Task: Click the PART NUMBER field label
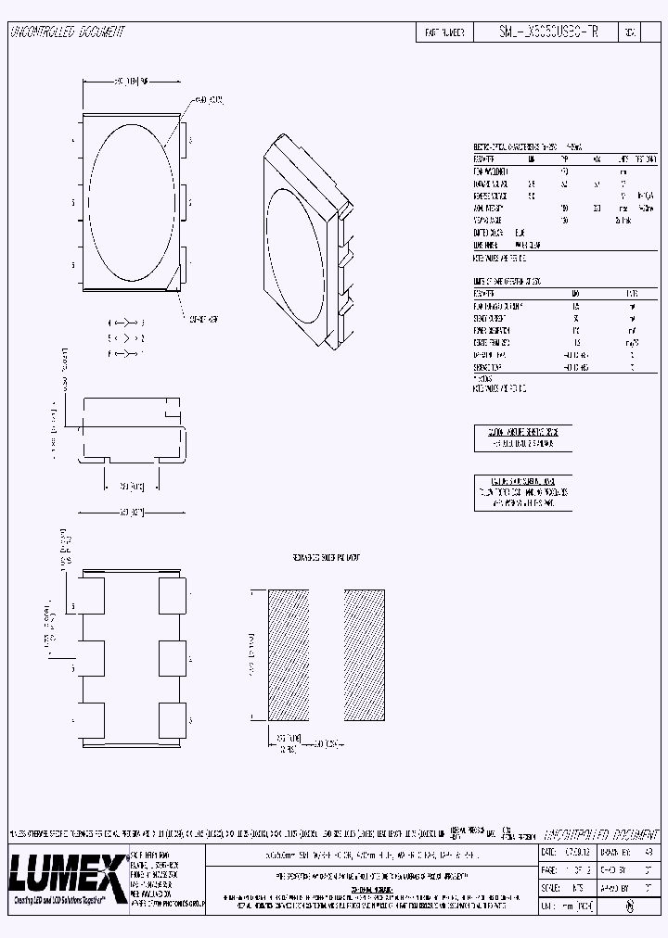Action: [444, 32]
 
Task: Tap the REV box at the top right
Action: [629, 32]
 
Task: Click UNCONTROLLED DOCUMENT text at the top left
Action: [67, 32]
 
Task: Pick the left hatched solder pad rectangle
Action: [288, 654]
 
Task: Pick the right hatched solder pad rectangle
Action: [364, 654]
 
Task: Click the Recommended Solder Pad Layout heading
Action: [320, 559]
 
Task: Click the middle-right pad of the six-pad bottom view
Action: [173, 657]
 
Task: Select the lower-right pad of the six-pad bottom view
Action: [173, 720]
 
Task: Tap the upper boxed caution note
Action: [522, 437]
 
